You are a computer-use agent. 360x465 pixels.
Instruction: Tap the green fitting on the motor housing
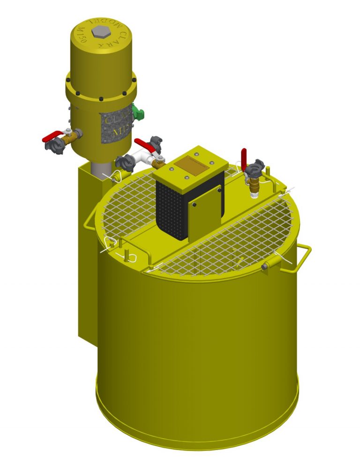[x=138, y=112]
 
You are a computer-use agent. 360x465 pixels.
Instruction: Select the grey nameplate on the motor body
[x=117, y=125]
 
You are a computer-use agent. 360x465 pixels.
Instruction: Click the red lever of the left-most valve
[x=52, y=137]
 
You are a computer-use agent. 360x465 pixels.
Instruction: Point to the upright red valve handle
[x=244, y=156]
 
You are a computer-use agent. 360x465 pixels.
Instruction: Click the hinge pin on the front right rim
[x=266, y=266]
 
